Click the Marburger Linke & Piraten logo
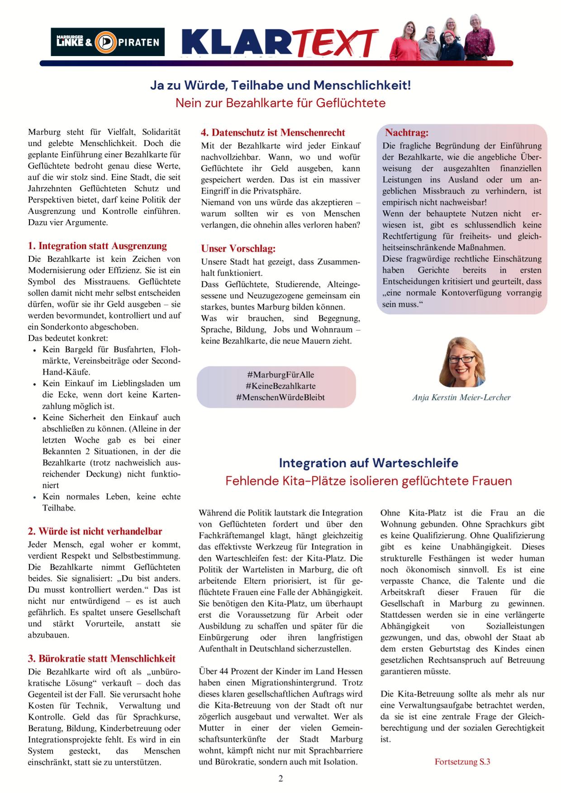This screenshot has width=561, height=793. point(107,42)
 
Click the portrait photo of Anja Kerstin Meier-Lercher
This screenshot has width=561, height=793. point(461,362)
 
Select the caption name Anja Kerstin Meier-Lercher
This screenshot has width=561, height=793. point(461,397)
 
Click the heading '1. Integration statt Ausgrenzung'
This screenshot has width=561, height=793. point(97,246)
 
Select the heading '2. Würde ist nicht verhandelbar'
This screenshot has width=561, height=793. point(95,531)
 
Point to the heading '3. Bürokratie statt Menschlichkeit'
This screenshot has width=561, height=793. point(102,658)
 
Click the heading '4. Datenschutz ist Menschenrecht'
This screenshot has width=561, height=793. point(273,132)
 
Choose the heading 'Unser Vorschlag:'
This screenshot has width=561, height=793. point(238,249)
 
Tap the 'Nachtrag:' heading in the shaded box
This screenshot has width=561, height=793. point(407,132)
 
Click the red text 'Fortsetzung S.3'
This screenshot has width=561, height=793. point(462,762)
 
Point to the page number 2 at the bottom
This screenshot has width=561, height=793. point(280,778)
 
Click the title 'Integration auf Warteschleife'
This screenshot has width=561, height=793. point(368,463)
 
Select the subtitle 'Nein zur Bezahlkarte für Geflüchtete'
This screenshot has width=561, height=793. point(280,103)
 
